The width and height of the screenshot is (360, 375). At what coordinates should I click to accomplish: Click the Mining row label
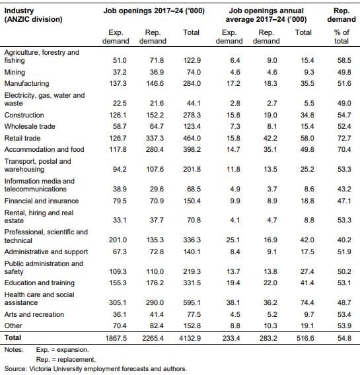[15, 72]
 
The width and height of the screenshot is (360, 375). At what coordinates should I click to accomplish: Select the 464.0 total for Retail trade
[192, 138]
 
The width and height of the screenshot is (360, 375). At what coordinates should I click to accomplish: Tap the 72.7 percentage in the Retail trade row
[344, 138]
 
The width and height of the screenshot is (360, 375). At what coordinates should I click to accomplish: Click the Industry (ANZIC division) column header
[33, 15]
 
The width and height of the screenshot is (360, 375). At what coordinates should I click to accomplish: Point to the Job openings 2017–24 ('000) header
[154, 11]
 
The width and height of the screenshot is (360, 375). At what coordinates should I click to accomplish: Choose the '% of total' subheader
[342, 36]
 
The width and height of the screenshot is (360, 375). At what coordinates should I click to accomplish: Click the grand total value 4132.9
[190, 338]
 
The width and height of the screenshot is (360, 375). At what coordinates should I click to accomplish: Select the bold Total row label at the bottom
[13, 337]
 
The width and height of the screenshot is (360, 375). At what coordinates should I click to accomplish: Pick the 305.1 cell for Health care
[118, 302]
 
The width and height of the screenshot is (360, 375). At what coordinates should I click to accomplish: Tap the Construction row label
[24, 115]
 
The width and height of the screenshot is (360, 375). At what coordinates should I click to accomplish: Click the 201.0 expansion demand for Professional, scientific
[118, 240]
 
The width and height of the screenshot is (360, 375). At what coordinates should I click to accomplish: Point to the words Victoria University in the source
[55, 368]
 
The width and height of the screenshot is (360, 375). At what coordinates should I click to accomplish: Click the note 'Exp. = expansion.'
[62, 350]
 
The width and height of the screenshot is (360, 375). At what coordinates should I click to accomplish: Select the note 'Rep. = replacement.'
[66, 359]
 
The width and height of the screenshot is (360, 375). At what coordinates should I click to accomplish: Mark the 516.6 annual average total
[305, 338]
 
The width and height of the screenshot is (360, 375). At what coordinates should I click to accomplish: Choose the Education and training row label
[40, 283]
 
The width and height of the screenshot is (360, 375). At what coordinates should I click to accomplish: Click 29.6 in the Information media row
[157, 189]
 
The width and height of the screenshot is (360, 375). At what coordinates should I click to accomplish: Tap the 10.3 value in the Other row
[270, 325]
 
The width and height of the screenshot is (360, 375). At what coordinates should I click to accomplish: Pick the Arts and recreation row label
[34, 314]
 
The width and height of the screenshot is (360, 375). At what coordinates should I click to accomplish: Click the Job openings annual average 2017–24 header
[266, 15]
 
